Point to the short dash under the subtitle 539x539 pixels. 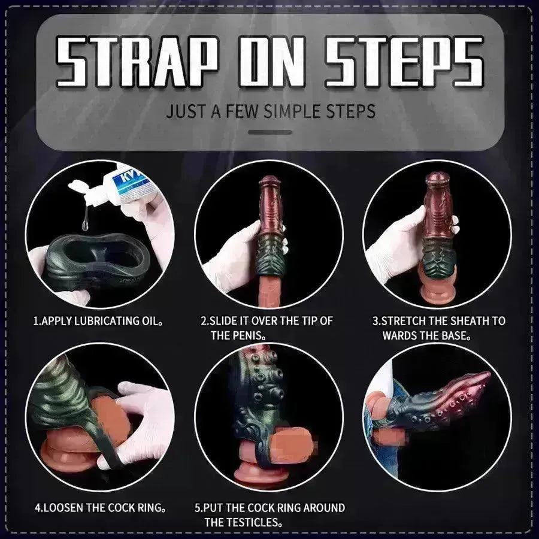(269, 132)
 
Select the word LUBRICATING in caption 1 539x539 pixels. (105, 321)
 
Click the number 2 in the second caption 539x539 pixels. (204, 321)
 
